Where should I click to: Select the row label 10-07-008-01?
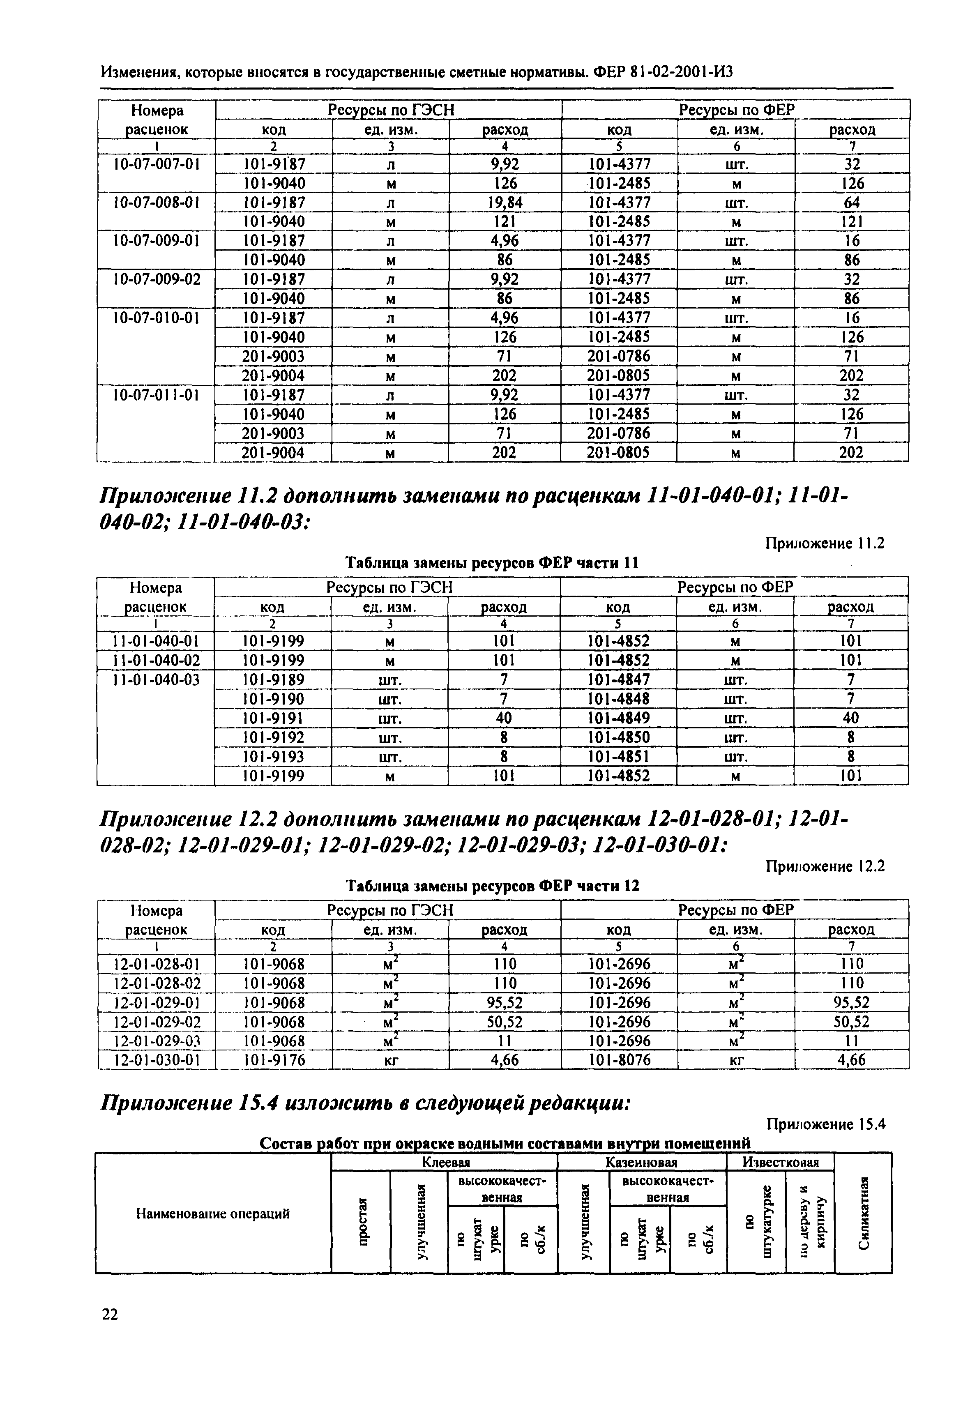click(x=157, y=203)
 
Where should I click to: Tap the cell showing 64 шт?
click(x=852, y=203)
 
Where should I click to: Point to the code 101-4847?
click(x=619, y=679)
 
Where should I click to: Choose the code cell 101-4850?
click(x=619, y=737)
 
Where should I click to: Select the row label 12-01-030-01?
click(x=157, y=1061)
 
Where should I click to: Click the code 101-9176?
click(x=274, y=1061)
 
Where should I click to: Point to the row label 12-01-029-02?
click(x=157, y=1022)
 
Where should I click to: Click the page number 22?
click(x=110, y=1315)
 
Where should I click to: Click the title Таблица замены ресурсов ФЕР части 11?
click(x=492, y=563)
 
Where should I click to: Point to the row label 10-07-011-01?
click(x=157, y=395)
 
